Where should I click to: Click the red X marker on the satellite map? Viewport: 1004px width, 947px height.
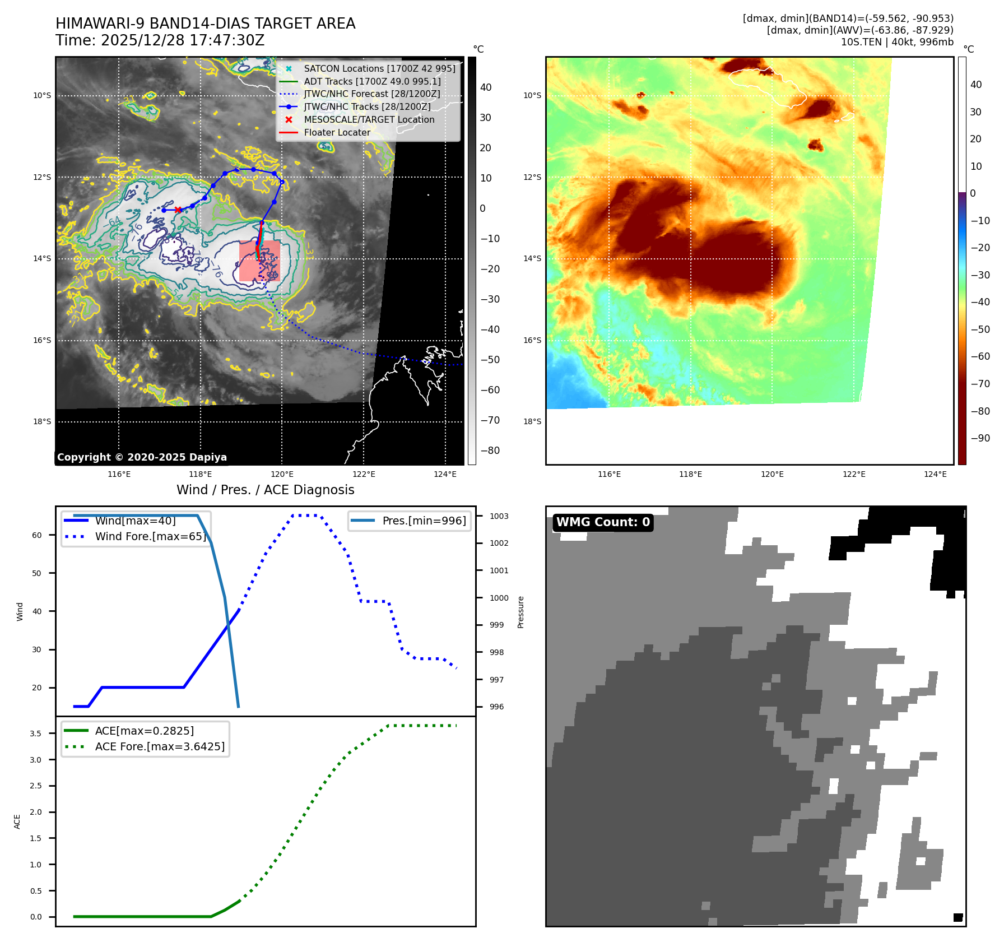tap(178, 210)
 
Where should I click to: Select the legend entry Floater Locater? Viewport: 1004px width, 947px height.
tap(337, 132)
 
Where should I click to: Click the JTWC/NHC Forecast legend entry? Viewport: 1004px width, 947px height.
tap(371, 94)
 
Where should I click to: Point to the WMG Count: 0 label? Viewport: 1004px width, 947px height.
tap(603, 522)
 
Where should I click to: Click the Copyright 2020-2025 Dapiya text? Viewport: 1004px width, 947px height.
tap(142, 457)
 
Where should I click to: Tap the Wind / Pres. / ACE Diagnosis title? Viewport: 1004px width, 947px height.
tap(265, 490)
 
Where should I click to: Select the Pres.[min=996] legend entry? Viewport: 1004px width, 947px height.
tap(424, 521)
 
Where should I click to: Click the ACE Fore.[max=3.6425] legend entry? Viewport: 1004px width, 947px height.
tap(160, 746)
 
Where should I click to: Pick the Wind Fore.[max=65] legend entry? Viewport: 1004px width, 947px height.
tap(150, 536)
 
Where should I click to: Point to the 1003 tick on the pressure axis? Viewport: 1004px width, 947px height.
tap(499, 516)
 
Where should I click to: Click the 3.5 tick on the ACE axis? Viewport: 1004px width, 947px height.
tap(35, 734)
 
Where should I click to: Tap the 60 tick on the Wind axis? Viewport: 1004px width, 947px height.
tap(37, 535)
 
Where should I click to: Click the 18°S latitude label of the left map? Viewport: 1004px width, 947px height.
tap(42, 421)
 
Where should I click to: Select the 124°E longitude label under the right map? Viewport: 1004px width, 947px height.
tap(935, 474)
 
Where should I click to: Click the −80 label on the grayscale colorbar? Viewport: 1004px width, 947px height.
tap(490, 451)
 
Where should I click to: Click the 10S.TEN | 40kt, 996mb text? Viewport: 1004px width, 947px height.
tap(896, 42)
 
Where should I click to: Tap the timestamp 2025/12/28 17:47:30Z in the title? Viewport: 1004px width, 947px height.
tap(182, 40)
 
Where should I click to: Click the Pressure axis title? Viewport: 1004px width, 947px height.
tap(520, 612)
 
